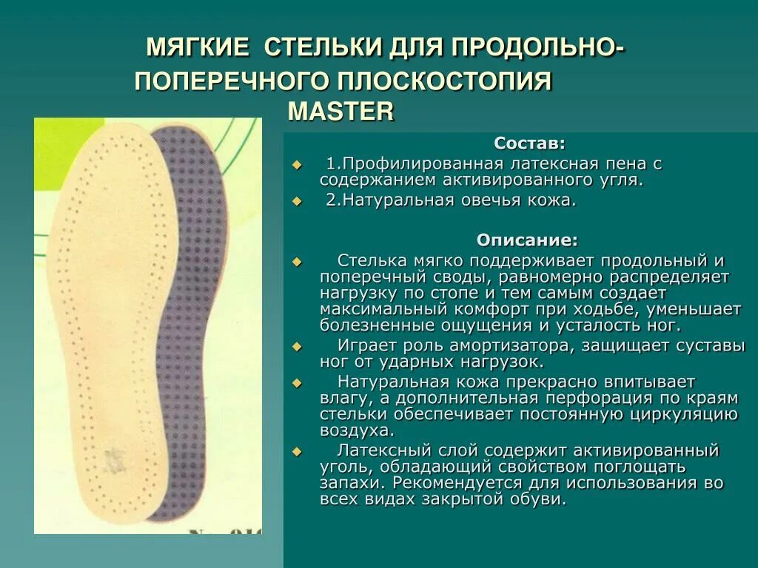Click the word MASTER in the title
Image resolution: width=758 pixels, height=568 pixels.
[341, 111]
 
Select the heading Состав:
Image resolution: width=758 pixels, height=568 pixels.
[529, 143]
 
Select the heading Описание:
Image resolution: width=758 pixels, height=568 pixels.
[527, 240]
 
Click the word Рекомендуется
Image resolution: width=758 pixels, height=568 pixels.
[467, 483]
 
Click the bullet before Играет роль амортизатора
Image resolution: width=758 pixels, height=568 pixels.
[298, 346]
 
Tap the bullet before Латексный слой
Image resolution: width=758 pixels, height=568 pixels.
[298, 451]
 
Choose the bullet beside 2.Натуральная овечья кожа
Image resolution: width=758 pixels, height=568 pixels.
[298, 201]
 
